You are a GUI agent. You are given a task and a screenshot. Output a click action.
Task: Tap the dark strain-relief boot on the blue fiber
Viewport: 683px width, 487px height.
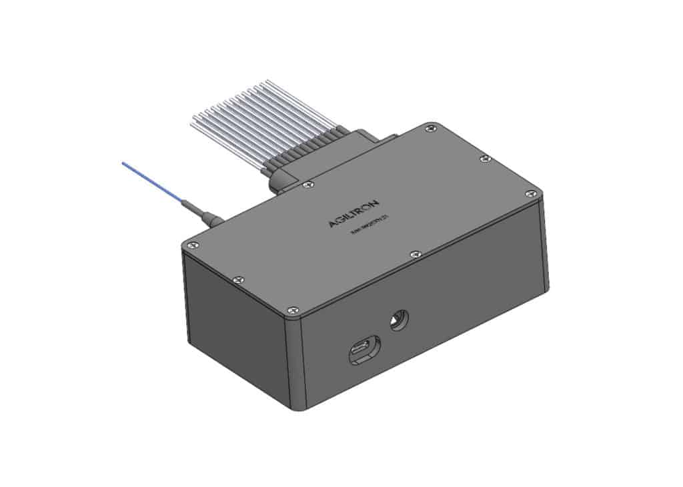point(204,215)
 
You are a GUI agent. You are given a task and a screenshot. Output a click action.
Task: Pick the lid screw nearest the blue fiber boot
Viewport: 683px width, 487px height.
point(190,244)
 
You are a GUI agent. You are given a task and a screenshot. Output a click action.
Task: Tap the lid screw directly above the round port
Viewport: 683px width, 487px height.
point(415,254)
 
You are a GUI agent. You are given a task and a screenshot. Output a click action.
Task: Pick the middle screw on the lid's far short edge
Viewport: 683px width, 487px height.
point(486,158)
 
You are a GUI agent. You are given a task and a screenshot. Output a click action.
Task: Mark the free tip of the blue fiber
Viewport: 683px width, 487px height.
point(123,163)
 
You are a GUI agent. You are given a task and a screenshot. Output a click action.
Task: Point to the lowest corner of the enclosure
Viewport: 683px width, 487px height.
point(295,408)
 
